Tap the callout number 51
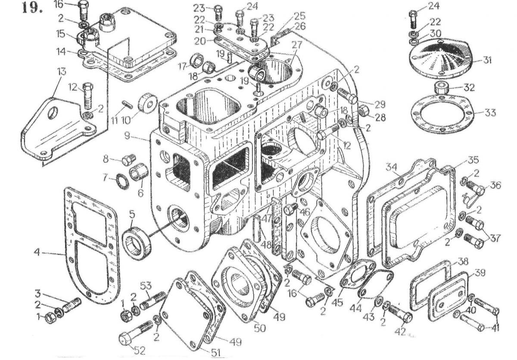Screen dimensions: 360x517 (215, 352)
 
